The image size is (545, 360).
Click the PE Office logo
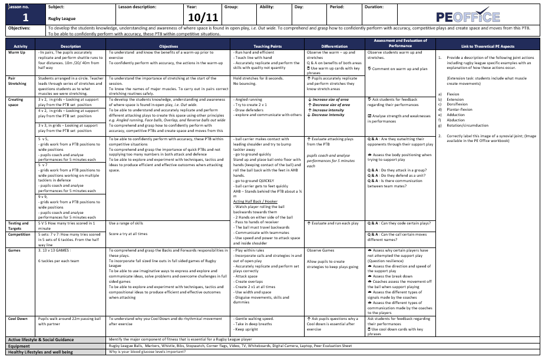point(468,16)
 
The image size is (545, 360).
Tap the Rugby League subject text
point(58,18)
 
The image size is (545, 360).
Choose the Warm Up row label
point(17,52)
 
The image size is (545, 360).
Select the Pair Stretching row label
point(17,80)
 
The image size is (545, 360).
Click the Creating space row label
point(16,103)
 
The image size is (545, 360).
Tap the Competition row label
point(19,234)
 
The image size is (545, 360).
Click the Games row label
point(14,250)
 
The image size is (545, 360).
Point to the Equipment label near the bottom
point(23,346)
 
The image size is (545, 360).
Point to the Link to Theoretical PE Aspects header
point(488,46)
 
